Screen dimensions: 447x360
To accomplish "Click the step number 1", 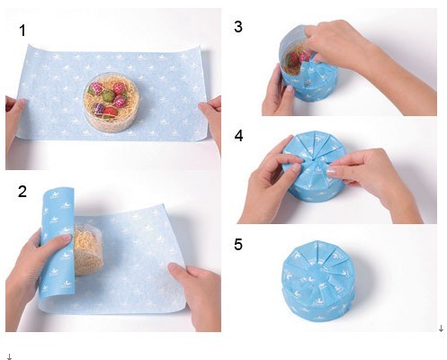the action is tap(22, 31).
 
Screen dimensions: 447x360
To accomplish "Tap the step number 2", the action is tap(22, 192).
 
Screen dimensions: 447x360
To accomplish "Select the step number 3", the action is tap(238, 27).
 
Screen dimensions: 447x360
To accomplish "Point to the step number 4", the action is tap(238, 136).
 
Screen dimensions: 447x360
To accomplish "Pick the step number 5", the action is tap(238, 245).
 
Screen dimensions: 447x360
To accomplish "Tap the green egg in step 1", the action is tap(108, 96).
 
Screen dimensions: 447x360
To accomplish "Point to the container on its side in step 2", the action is tap(88, 250).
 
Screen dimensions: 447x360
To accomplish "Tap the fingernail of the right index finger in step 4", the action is tap(331, 172).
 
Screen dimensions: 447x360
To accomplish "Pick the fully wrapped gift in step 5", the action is tap(319, 281).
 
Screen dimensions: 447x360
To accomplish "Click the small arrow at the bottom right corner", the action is tap(441, 328).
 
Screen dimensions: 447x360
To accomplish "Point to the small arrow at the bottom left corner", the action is tap(9, 356).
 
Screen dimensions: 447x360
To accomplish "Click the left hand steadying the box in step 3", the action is tap(277, 93).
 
